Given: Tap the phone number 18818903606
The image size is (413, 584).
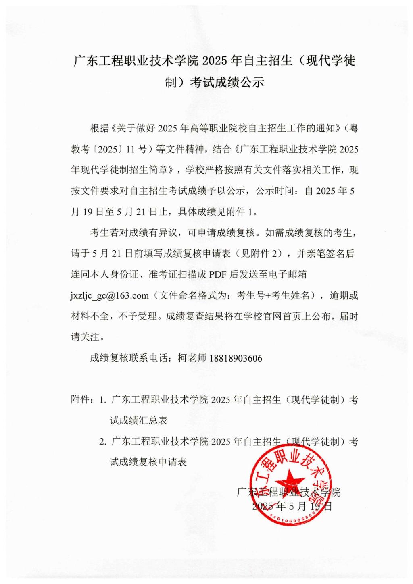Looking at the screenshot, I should [x=236, y=358].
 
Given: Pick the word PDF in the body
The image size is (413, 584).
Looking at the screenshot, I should [x=218, y=275].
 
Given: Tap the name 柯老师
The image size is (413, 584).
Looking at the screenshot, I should [x=192, y=358].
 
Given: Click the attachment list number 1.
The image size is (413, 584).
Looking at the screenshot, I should [x=103, y=400].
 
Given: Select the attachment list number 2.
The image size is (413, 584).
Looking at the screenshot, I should [x=103, y=442].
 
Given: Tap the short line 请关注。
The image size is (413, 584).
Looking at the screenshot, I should [x=85, y=337].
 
